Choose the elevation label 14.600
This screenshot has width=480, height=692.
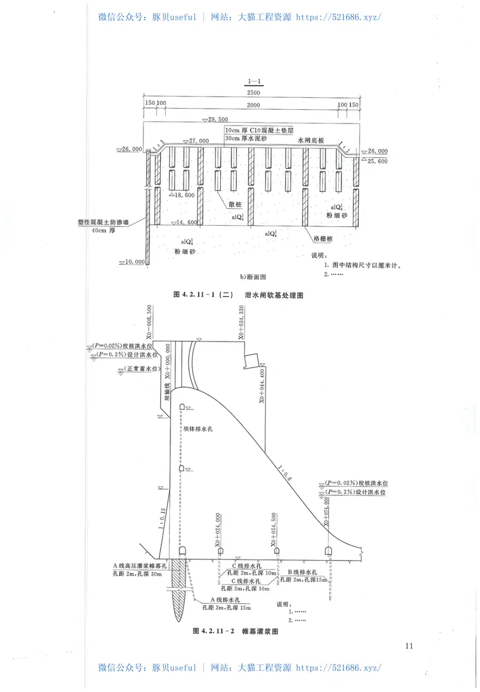pos(184,223)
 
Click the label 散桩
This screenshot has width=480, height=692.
pos(236,204)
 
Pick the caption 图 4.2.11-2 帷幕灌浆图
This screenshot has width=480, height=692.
pos(236,631)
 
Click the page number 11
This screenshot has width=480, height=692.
pos(409,646)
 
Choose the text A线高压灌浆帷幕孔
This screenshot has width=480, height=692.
pos(142,565)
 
